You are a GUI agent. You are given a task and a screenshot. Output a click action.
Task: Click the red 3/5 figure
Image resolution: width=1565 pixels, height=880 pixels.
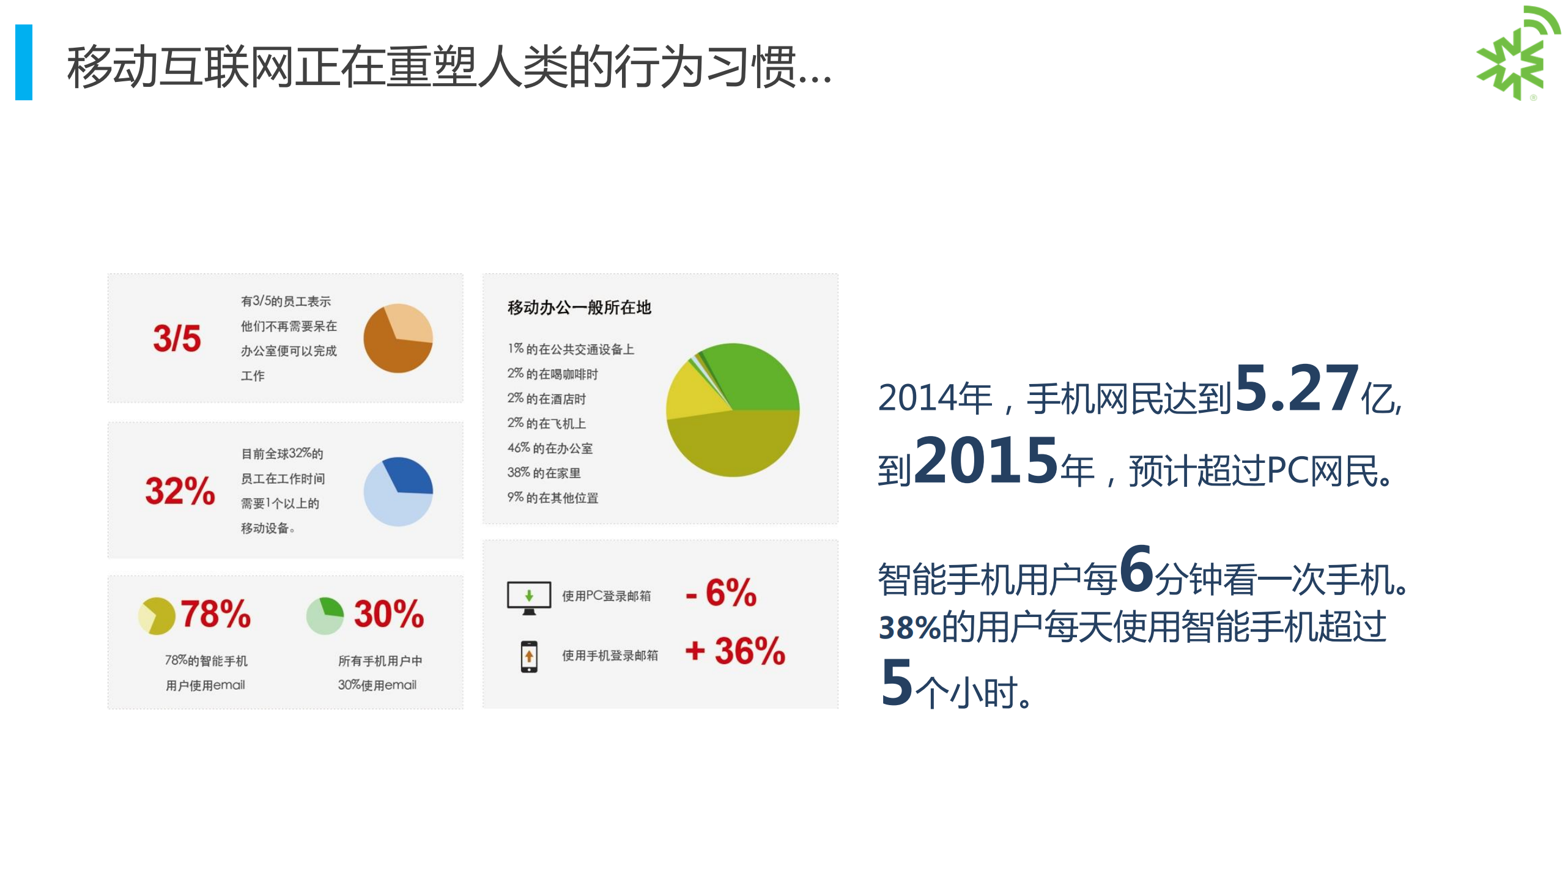click(177, 338)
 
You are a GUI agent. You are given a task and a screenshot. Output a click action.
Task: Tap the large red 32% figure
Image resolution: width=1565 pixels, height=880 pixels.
click(180, 491)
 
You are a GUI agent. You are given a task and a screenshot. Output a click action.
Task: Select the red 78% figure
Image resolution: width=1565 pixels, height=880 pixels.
click(215, 613)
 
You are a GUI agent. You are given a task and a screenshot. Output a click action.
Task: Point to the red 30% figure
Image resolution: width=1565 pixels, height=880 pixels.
click(389, 613)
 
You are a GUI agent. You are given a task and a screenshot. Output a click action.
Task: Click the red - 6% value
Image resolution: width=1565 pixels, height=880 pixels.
click(722, 593)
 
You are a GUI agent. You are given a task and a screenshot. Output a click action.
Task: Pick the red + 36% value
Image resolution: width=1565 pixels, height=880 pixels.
click(735, 650)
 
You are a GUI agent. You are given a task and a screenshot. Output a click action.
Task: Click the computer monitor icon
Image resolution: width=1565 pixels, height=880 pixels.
click(529, 597)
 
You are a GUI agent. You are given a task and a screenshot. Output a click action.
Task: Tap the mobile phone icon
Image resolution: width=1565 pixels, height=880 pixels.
click(529, 656)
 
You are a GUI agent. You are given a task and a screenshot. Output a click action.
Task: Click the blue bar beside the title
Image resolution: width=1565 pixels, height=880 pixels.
click(24, 62)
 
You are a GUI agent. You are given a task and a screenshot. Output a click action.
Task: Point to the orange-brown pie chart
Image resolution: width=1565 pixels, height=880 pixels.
click(398, 338)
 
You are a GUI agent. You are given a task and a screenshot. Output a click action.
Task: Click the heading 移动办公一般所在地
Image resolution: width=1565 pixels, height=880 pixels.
click(579, 307)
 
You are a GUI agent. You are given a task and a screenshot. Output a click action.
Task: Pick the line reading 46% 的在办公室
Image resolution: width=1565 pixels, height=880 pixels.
click(550, 448)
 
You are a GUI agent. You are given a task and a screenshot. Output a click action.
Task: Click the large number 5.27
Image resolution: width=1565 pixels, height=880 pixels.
click(1297, 389)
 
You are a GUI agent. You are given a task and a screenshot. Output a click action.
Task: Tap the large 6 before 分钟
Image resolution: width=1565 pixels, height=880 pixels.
click(1136, 569)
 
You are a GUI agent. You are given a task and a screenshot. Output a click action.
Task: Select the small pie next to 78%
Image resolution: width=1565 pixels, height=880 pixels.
click(157, 616)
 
